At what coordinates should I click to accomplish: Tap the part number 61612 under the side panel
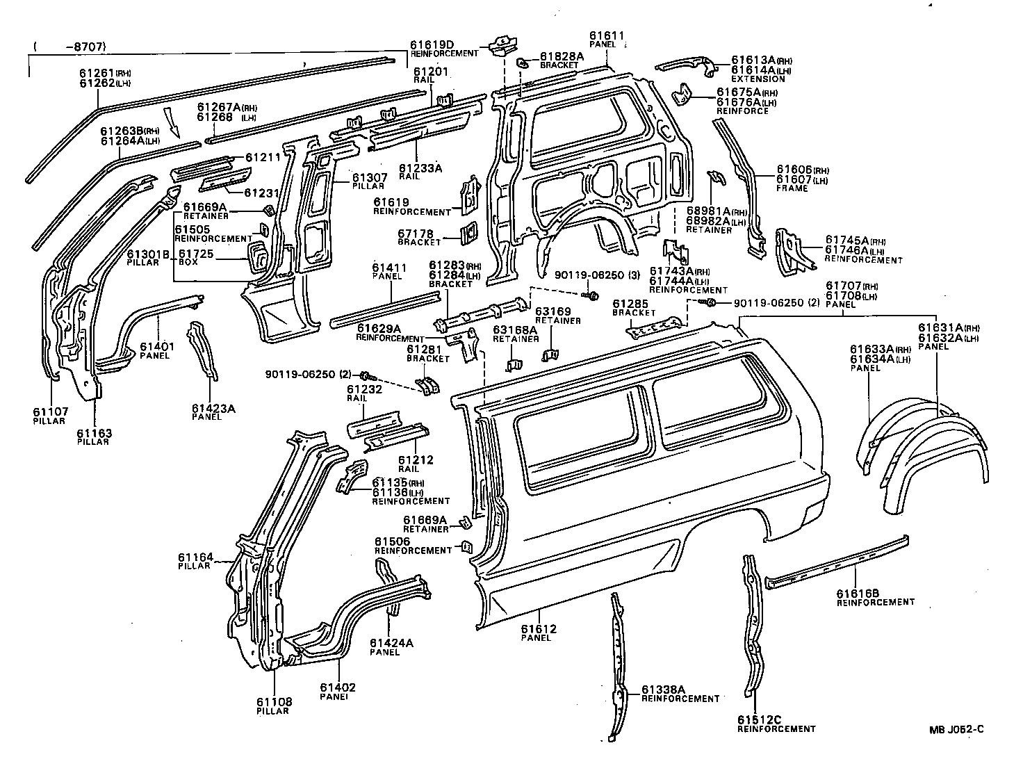(539, 628)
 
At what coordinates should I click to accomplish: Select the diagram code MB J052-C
(956, 729)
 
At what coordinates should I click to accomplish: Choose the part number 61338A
(663, 689)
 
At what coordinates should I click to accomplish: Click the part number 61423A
(213, 408)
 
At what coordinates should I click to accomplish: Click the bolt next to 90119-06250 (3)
(594, 295)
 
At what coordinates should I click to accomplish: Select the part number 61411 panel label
(386, 267)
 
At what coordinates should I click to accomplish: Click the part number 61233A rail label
(420, 168)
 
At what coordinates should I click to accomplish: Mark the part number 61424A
(391, 643)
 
